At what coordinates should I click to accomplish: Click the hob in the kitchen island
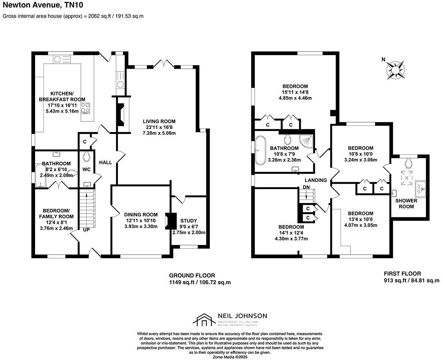tap(86, 108)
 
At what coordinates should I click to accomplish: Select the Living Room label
tap(159, 121)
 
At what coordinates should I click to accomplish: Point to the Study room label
tap(188, 221)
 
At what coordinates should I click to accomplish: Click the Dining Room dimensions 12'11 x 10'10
tap(141, 221)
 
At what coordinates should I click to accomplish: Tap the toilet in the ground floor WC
tap(87, 157)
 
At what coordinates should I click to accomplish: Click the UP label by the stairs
tap(86, 230)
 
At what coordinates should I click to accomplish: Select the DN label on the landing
tap(306, 187)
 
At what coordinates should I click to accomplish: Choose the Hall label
tap(106, 162)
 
